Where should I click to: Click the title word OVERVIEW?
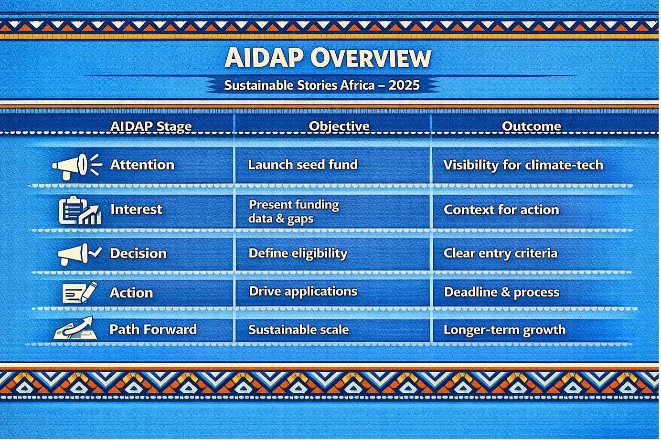coord(371,58)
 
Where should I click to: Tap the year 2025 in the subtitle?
coord(404,85)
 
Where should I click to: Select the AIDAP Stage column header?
coord(151,126)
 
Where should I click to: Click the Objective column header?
coord(339,126)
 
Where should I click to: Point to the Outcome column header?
coord(531,126)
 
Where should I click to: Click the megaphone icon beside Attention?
coord(77,166)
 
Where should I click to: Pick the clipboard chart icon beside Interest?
coord(80,210)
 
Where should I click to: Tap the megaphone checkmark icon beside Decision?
coord(79,254)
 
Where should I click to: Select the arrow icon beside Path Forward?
coord(75,328)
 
